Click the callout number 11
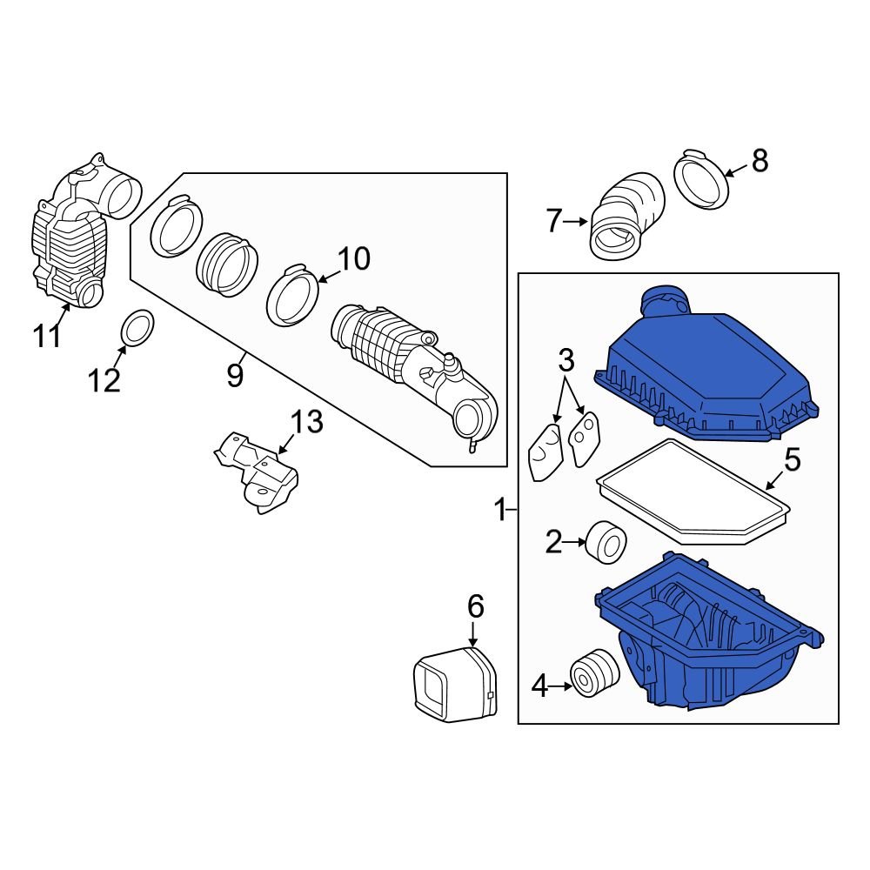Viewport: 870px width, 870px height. click(49, 335)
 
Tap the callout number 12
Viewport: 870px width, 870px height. click(104, 380)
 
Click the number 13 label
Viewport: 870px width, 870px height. click(306, 424)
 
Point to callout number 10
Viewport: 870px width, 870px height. click(353, 258)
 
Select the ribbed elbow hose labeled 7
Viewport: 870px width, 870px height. click(625, 217)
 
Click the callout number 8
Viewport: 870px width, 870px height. click(760, 161)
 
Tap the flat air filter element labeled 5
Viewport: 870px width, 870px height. click(692, 492)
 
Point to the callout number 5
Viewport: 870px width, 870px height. click(791, 459)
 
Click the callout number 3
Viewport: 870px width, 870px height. click(566, 358)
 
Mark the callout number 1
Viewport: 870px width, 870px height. click(500, 510)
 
